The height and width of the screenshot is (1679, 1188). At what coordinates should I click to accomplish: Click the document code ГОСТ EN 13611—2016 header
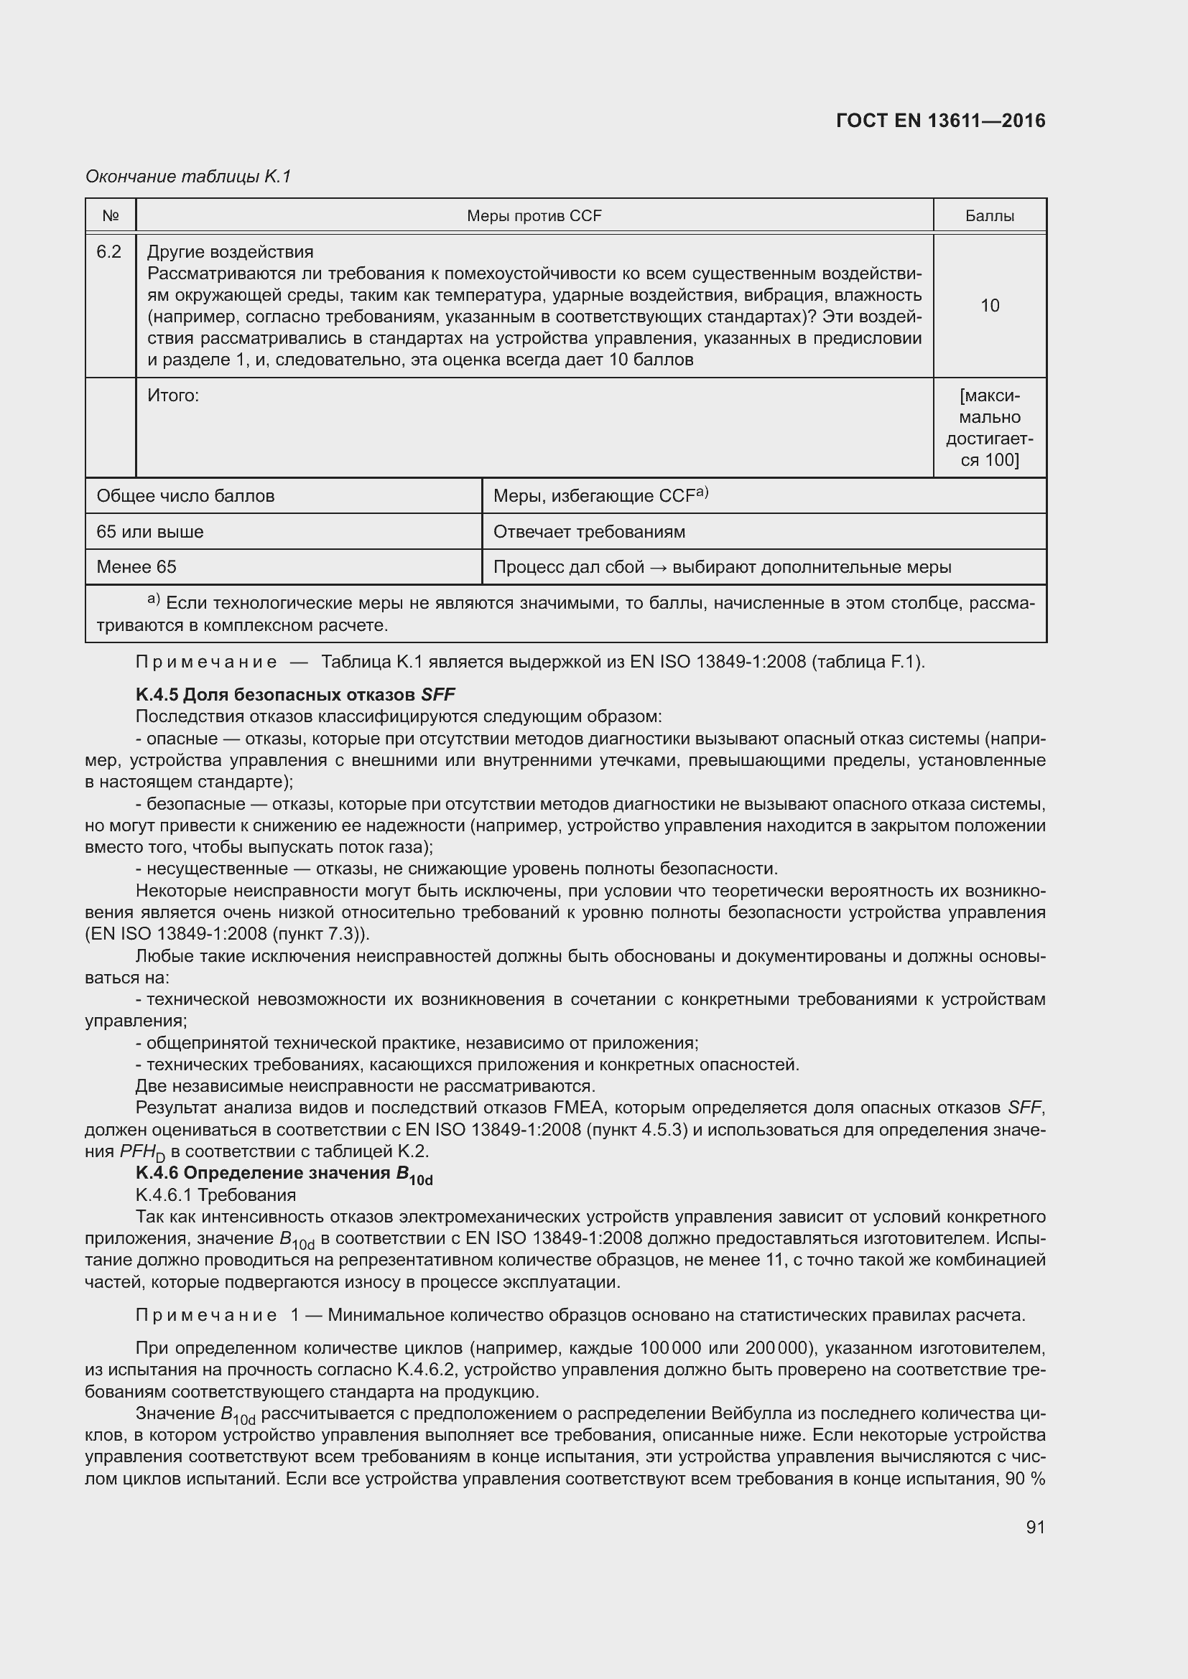click(x=940, y=121)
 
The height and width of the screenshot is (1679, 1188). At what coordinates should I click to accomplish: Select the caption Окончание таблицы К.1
click(x=188, y=177)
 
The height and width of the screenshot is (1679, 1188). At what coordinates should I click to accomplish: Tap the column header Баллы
click(x=989, y=216)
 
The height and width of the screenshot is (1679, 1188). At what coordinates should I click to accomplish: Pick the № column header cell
click(x=111, y=216)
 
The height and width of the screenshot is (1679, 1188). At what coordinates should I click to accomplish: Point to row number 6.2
click(x=109, y=252)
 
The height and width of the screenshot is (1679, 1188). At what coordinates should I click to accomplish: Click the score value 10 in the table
click(x=989, y=306)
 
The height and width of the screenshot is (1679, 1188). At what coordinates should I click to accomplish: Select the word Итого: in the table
click(x=173, y=396)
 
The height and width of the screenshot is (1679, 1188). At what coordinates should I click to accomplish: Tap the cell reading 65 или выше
click(x=150, y=532)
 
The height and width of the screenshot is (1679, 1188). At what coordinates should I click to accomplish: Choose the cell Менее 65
click(x=136, y=567)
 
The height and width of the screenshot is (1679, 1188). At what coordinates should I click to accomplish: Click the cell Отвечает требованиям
click(x=589, y=532)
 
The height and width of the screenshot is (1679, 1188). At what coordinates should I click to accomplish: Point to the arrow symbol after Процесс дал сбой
click(x=659, y=568)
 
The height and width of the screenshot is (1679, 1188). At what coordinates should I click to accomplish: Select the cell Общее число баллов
click(x=185, y=496)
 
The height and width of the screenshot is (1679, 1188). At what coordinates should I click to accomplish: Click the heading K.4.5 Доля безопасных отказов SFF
click(x=295, y=694)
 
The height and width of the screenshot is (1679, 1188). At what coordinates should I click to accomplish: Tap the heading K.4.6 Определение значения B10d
click(x=284, y=1174)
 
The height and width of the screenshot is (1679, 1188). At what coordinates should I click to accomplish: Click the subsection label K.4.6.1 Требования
click(x=215, y=1195)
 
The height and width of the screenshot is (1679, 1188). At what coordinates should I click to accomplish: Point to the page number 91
click(x=1035, y=1527)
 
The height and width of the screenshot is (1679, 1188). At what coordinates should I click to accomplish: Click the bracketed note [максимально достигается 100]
click(x=989, y=428)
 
